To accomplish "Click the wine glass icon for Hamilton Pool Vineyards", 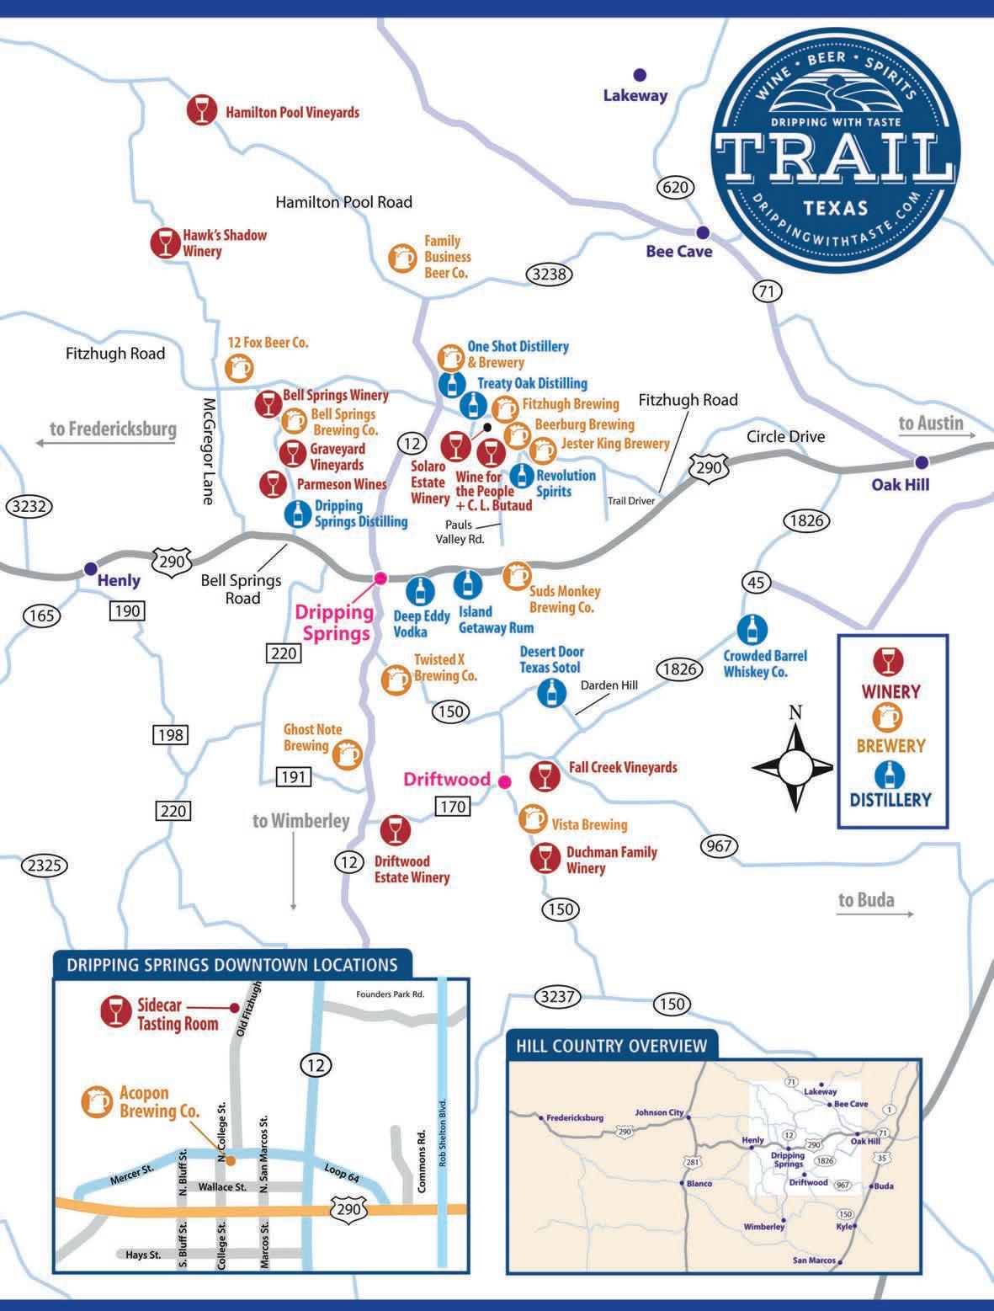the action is click(200, 111).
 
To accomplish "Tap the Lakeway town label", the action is click(635, 95).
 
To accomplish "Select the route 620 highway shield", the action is click(675, 187).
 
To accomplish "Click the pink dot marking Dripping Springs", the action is click(380, 578).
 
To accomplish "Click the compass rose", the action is click(795, 766).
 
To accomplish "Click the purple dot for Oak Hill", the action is click(922, 461).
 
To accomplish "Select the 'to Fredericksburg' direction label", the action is click(113, 429).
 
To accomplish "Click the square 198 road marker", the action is click(170, 735).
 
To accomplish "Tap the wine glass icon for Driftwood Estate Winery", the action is click(394, 830).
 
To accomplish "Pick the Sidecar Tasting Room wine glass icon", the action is click(113, 1011).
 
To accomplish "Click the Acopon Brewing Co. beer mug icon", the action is click(95, 1101).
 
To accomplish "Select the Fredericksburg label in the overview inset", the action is click(574, 1118).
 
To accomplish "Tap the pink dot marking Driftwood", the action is click(505, 781).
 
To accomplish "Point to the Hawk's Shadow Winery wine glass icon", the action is click(165, 242).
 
